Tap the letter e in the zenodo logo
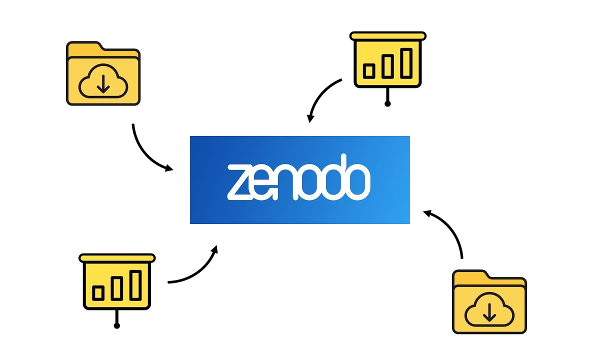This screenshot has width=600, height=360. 264,181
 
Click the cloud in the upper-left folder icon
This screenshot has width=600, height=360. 103,82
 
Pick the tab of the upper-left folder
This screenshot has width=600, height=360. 85,49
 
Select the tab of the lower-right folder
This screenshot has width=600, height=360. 470,277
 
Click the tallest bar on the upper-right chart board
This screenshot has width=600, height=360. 406,62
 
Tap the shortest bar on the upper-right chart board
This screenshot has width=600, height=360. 369,70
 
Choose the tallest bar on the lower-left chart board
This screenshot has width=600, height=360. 135,284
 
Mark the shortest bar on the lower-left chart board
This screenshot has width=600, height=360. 98,292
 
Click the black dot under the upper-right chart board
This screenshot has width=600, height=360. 387,104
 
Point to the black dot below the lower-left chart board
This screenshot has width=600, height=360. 116,326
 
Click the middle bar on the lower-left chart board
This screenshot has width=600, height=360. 117,288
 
